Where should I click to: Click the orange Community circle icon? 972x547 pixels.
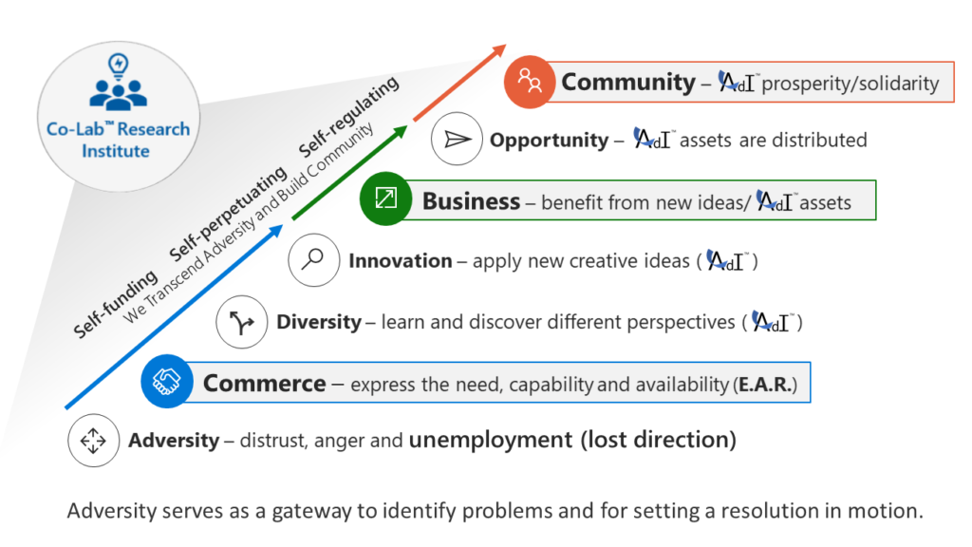click(x=529, y=82)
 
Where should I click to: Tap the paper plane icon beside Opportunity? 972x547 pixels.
click(x=457, y=139)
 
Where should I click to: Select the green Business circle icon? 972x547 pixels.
click(x=385, y=198)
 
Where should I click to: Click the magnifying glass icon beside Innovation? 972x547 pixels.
click(x=313, y=260)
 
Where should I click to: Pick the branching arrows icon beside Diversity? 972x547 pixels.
click(x=242, y=322)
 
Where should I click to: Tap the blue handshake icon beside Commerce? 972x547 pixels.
click(x=167, y=382)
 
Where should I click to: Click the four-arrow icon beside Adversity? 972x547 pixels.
click(x=94, y=441)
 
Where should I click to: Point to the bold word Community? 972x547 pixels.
click(x=628, y=83)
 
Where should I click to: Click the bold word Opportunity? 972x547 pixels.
click(x=550, y=141)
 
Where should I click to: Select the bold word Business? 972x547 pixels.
click(x=471, y=201)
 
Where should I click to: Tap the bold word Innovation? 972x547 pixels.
click(x=401, y=261)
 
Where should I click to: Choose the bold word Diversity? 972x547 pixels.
click(x=319, y=323)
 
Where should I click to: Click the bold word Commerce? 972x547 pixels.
click(x=265, y=384)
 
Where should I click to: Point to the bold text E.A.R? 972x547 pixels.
click(x=765, y=386)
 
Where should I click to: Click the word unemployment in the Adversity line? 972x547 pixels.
click(x=491, y=440)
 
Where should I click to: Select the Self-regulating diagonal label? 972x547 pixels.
click(x=349, y=117)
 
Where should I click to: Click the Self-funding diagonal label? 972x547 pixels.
click(x=116, y=304)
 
